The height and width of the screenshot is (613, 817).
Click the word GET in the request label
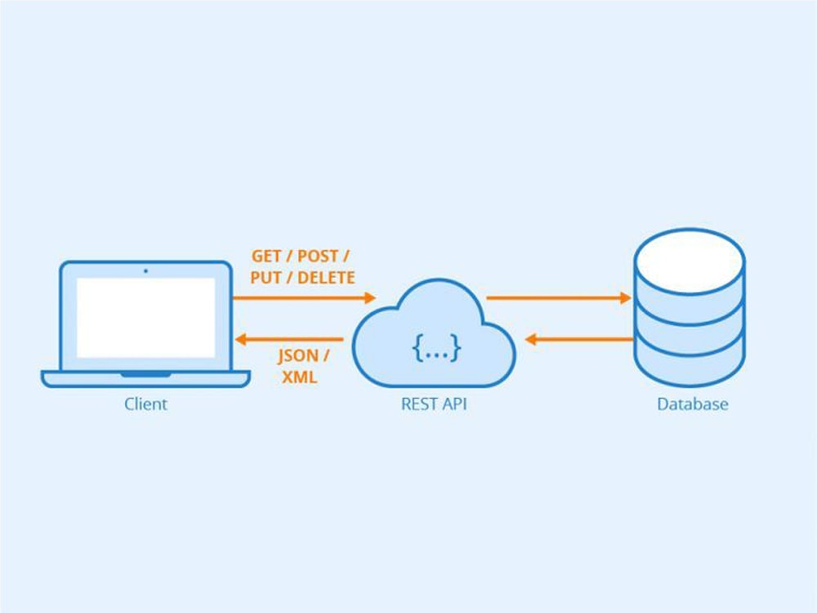267,256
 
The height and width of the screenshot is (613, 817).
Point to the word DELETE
326,278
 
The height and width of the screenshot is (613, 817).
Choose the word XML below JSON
299,378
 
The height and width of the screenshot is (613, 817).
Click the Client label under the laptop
145,404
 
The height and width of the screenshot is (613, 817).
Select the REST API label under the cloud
433,404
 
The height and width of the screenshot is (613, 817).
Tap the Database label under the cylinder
692,404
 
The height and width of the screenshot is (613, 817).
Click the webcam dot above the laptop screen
146,271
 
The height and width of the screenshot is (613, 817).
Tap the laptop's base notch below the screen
146,374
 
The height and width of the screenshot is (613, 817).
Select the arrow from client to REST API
302,298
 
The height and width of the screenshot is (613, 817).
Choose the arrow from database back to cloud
578,338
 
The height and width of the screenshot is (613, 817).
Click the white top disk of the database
690,256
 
